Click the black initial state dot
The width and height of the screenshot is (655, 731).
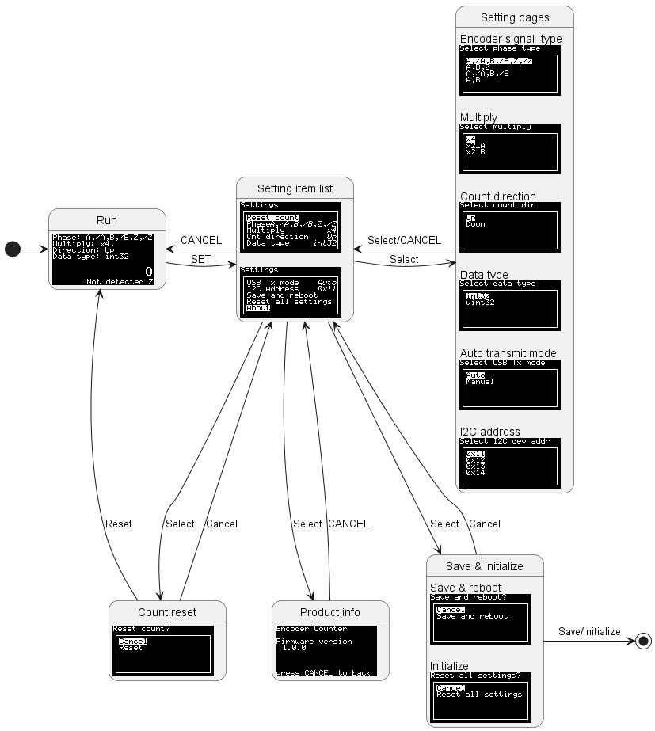coord(13,249)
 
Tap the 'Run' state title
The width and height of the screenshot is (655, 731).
coord(107,220)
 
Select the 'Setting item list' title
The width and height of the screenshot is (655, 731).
coord(295,188)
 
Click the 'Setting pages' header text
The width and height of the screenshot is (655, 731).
coord(515,17)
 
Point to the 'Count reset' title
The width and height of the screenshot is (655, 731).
coord(167,612)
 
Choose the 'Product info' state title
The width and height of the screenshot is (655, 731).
coord(330,612)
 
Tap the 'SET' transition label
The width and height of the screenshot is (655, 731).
coord(201,260)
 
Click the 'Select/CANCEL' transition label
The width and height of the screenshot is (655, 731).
coord(404,240)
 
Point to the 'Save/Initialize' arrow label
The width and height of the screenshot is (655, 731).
coord(589,631)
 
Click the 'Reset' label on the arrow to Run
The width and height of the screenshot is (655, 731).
coord(118,524)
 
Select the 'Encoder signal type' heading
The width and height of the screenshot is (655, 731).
coord(511,39)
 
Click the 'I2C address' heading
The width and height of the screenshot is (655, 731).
coord(489,432)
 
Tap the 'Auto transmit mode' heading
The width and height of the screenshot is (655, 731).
coord(508,353)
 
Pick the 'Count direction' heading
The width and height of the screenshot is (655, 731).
coord(498,196)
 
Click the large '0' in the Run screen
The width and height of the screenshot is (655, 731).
coord(149,272)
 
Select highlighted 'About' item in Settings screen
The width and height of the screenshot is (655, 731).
coord(258,308)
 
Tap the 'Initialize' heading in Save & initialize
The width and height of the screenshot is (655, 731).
coord(449,666)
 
